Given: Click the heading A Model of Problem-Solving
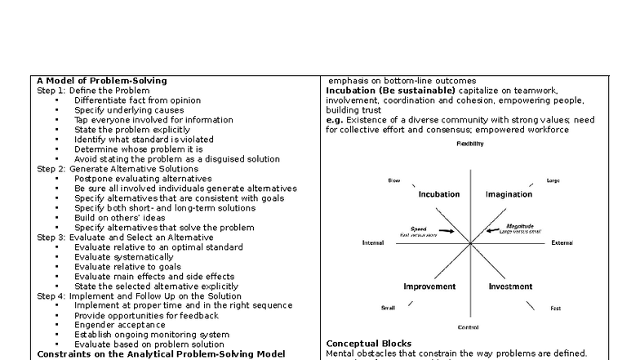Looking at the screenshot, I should (102, 81).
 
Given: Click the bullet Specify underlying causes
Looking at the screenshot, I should (129, 109).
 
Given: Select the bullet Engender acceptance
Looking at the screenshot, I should (121, 324).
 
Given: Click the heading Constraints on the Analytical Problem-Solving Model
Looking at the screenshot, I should (161, 353).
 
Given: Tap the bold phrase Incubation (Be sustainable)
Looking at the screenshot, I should (382, 90).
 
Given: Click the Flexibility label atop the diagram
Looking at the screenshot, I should (469, 144).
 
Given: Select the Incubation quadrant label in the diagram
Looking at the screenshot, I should (438, 194).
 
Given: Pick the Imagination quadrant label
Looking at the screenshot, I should (509, 194).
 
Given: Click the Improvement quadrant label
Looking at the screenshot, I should (429, 287).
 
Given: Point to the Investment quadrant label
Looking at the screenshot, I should (510, 287).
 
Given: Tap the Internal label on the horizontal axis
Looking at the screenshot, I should (373, 242).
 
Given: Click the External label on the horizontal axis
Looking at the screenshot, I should (562, 242).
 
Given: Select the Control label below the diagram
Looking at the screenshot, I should (468, 327).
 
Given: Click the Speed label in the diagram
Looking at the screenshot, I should (419, 229).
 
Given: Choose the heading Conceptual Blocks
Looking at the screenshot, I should (369, 344).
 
